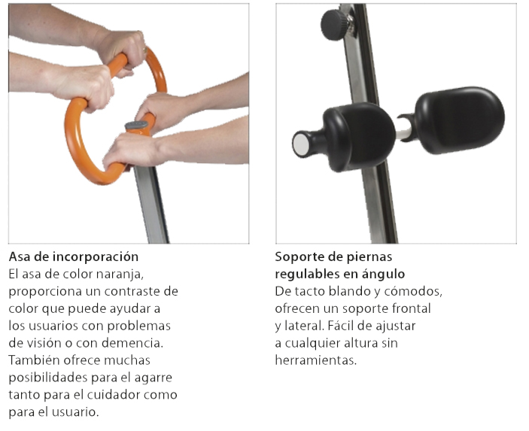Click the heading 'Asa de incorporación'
[x=74, y=257]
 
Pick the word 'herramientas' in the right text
[x=316, y=360]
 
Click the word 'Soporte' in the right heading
[x=296, y=257]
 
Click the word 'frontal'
[x=412, y=308]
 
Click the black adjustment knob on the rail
[x=336, y=25]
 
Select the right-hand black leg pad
[x=460, y=120]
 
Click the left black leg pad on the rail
[x=359, y=137]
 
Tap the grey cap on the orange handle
[x=137, y=126]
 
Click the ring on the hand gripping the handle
[x=145, y=50]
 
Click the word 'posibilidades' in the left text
[x=48, y=378]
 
